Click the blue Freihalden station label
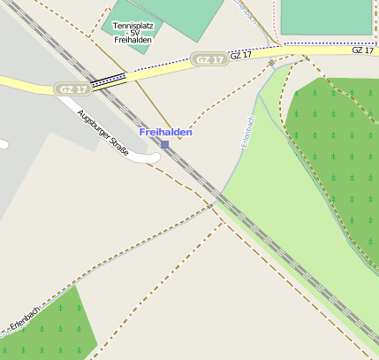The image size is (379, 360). pyautogui.click(x=166, y=132)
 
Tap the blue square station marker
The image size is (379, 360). pyautogui.click(x=164, y=144)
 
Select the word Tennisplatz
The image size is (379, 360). pyautogui.click(x=133, y=27)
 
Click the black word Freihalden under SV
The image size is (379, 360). pyautogui.click(x=133, y=41)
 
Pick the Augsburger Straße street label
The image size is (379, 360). pyautogui.click(x=103, y=134)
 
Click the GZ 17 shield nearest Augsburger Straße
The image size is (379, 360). pyautogui.click(x=72, y=89)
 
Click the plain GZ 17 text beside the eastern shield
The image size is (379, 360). pyautogui.click(x=240, y=55)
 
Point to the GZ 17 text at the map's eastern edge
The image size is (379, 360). pyautogui.click(x=362, y=50)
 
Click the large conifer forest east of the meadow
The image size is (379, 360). pyautogui.click(x=340, y=150)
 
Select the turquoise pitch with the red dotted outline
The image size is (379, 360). pyautogui.click(x=325, y=16)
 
